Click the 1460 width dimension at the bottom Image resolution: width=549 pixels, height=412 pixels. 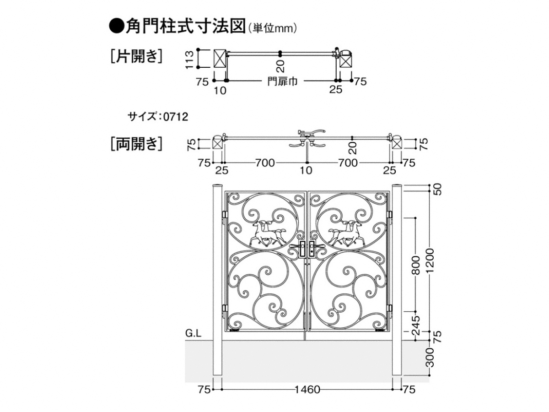[x=307, y=390]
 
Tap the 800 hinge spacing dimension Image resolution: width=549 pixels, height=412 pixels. [x=415, y=266]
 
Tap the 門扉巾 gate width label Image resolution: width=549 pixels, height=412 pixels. [x=282, y=81]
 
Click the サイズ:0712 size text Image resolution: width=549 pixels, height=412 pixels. [x=158, y=117]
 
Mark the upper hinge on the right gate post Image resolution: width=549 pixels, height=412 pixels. [x=390, y=215]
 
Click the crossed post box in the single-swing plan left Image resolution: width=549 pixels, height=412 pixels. [x=221, y=59]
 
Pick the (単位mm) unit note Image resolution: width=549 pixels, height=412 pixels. [x=273, y=28]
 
